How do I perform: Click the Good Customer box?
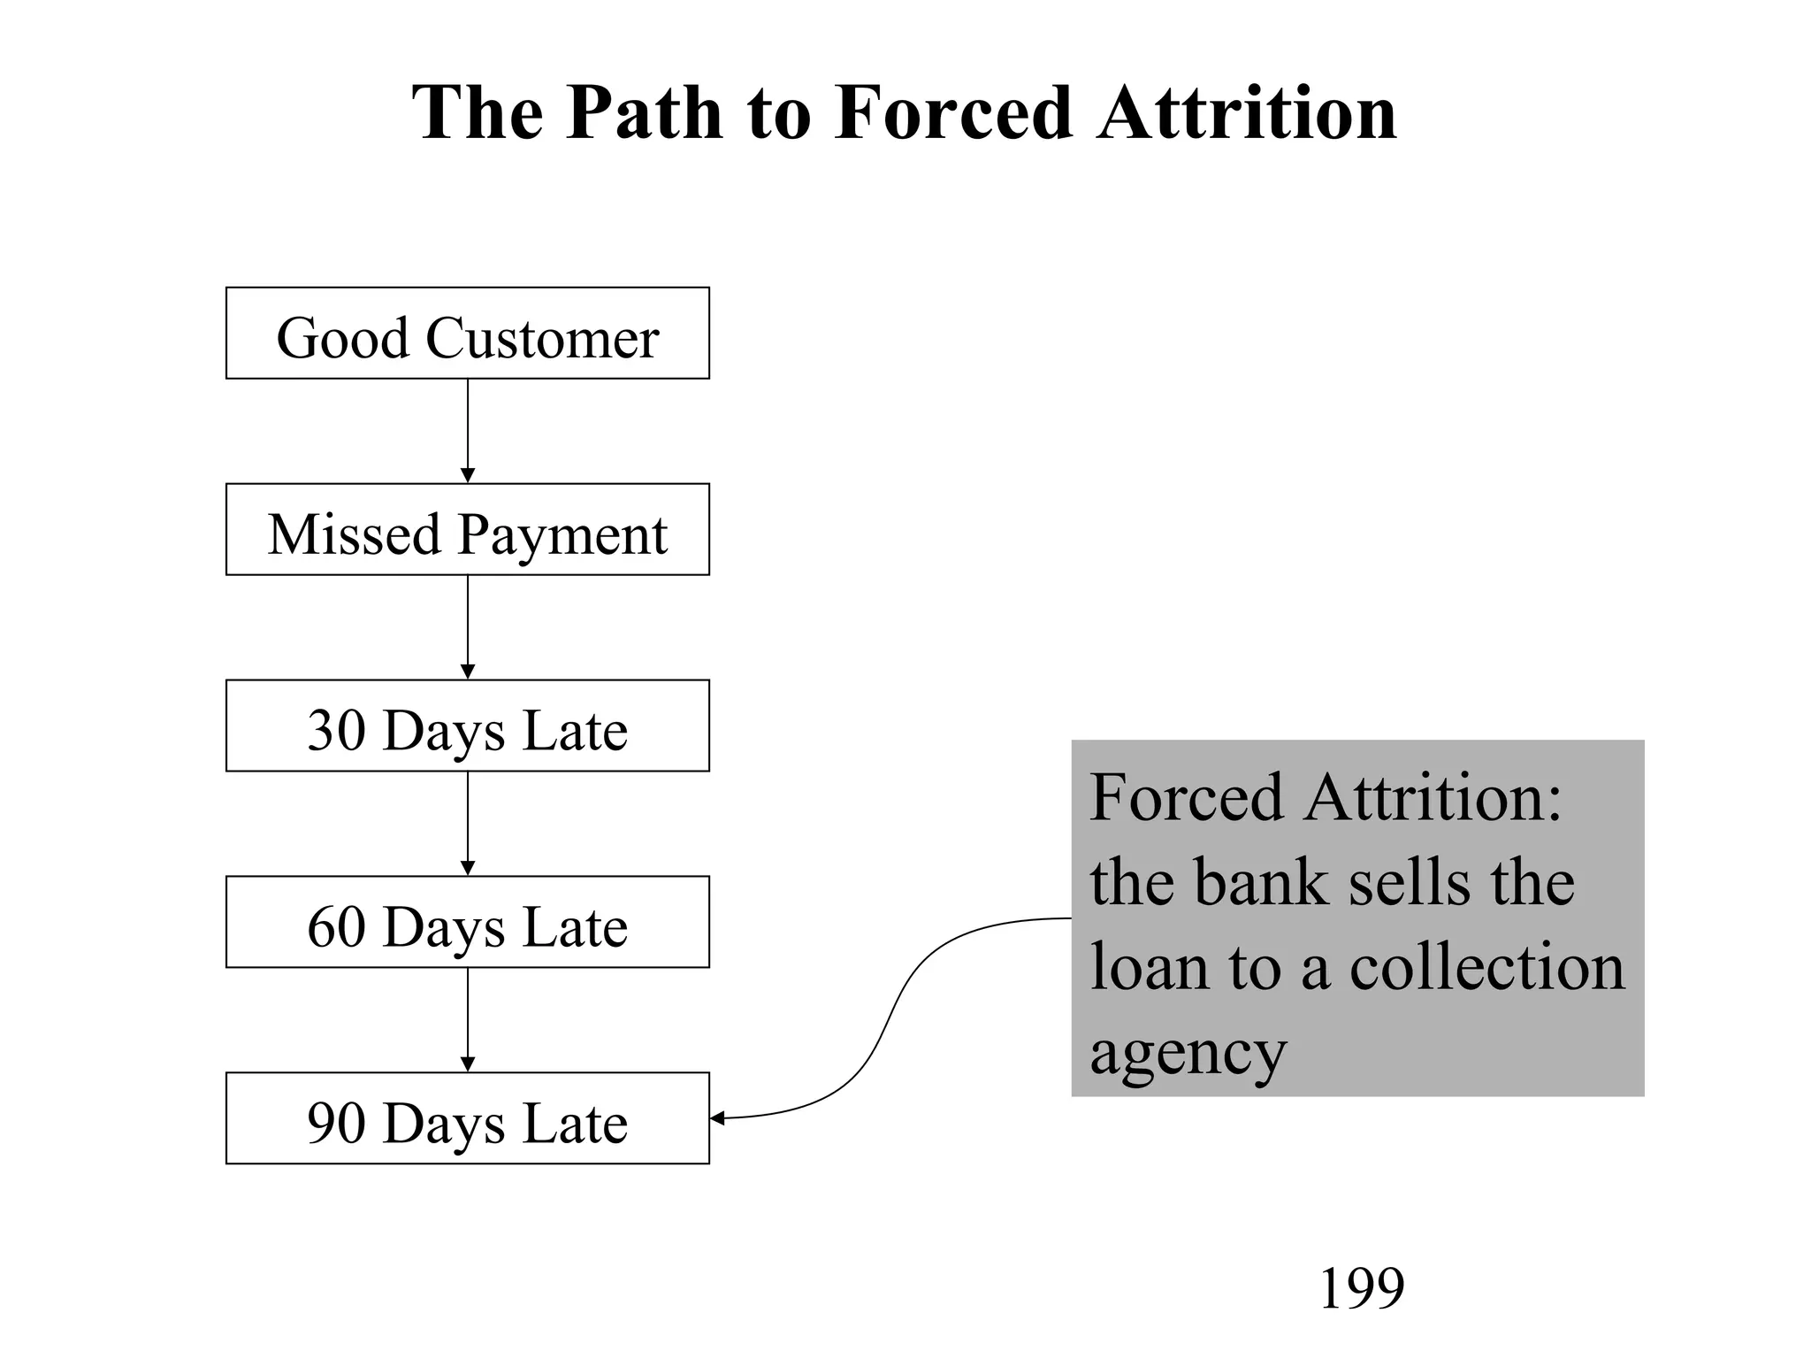[467, 333]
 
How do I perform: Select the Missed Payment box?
[467, 529]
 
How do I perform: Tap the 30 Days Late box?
[467, 726]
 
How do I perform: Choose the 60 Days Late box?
[467, 922]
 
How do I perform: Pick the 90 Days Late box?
[467, 1118]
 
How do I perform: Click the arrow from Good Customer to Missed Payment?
[468, 431]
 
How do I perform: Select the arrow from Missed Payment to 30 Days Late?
[468, 627]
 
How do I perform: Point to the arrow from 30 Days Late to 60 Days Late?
[468, 824]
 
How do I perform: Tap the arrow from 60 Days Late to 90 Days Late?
[468, 1020]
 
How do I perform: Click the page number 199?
[1361, 1288]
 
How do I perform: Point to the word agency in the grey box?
[1188, 1053]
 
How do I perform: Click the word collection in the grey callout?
[1487, 967]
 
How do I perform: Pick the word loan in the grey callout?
[1148, 967]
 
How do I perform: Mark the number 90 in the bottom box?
[336, 1124]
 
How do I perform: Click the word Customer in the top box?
[542, 338]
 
